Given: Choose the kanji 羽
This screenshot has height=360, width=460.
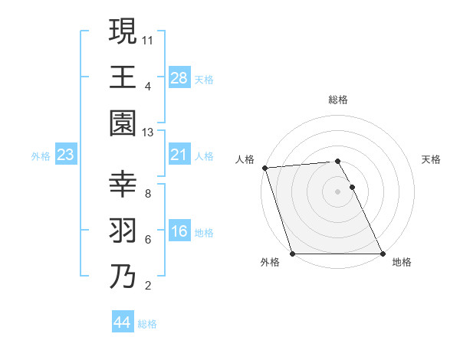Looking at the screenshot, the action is pyautogui.click(x=123, y=231).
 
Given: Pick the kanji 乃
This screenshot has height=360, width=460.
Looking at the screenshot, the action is pyautogui.click(x=123, y=277).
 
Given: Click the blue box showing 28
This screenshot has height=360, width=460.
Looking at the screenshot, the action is pyautogui.click(x=179, y=77).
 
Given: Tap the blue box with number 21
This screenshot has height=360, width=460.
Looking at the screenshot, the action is pyautogui.click(x=179, y=155).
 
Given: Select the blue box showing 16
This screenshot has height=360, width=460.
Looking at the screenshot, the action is pyautogui.click(x=179, y=231).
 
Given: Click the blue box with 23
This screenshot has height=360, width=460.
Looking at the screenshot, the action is pyautogui.click(x=66, y=155).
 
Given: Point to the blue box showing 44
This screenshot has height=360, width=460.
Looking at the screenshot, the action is pyautogui.click(x=123, y=323).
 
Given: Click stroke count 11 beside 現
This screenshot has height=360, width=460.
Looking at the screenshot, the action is pyautogui.click(x=148, y=38).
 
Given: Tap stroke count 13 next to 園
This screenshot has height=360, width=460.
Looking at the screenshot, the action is pyautogui.click(x=148, y=133).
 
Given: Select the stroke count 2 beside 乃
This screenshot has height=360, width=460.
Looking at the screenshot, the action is pyautogui.click(x=148, y=286).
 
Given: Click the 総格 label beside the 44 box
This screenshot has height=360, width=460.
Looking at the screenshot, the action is pyautogui.click(x=147, y=324).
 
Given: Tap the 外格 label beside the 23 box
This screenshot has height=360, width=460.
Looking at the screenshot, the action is pyautogui.click(x=41, y=156).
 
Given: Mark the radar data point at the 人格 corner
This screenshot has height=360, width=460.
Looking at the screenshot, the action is pyautogui.click(x=264, y=168).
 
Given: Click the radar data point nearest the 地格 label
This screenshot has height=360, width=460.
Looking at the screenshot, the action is pyautogui.click(x=383, y=254).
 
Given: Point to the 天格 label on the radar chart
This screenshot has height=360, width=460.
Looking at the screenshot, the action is pyautogui.click(x=431, y=159).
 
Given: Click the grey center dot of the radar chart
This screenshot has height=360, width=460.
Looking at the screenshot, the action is pyautogui.click(x=337, y=191).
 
